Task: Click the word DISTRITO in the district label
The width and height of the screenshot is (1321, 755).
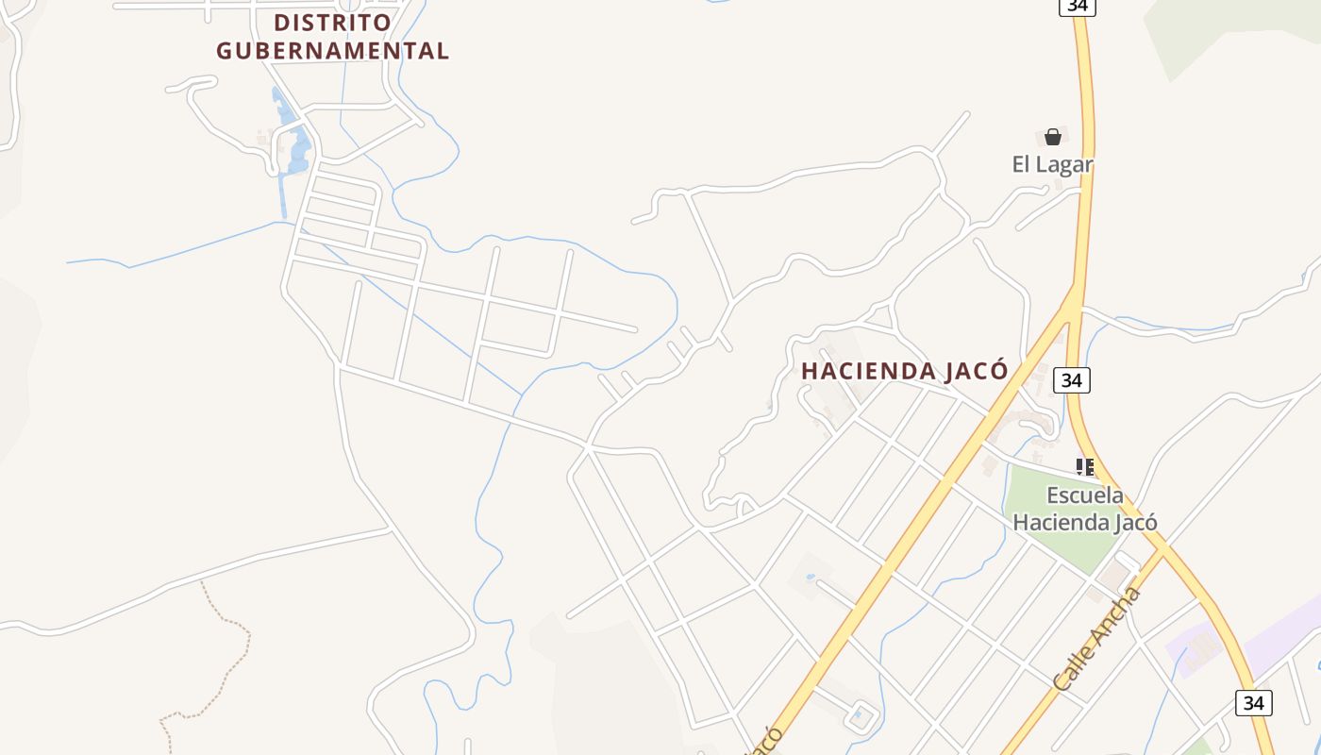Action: tap(332, 22)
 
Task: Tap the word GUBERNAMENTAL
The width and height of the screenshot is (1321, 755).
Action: tap(332, 51)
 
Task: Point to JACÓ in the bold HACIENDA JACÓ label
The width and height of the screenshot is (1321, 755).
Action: tap(974, 372)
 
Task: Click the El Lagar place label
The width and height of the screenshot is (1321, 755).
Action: tap(1052, 164)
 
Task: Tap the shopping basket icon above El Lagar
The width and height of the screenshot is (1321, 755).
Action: tap(1053, 137)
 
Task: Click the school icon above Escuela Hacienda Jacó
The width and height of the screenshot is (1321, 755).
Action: tap(1085, 466)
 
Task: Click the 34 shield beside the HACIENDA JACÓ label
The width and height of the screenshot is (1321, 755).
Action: tap(1071, 380)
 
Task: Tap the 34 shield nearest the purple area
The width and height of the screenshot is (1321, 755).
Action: tap(1253, 703)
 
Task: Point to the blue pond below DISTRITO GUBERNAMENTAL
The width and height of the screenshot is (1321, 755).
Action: tap(299, 151)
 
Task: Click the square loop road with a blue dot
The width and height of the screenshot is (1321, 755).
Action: tap(861, 716)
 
